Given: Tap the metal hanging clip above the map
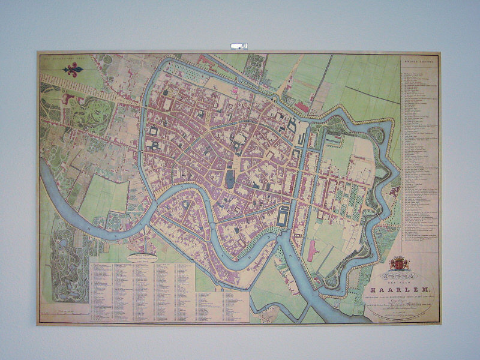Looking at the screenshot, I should click(239, 45).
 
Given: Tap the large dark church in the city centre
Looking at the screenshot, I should click(230, 178).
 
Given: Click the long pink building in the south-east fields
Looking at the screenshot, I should click(311, 251).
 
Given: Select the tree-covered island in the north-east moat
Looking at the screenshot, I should click(377, 135).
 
